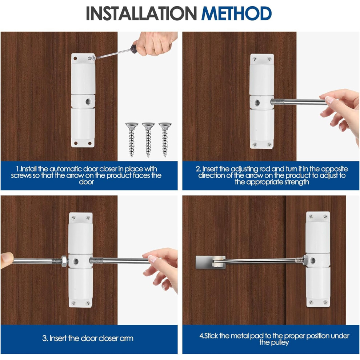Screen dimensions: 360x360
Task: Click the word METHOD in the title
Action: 236,13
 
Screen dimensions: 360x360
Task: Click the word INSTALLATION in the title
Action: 141,13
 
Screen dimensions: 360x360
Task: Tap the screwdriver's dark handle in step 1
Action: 133,49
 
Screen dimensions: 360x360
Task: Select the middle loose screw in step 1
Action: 148,140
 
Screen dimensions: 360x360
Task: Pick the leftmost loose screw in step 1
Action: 132,140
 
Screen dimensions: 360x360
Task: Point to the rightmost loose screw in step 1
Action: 165,140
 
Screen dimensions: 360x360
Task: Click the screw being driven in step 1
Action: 92,57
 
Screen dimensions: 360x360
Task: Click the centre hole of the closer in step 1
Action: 88,101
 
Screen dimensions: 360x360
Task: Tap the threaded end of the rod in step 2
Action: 277,102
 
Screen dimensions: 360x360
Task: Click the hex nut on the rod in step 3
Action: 64,261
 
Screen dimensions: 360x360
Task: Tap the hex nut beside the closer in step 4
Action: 305,260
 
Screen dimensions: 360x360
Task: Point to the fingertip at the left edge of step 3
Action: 7,260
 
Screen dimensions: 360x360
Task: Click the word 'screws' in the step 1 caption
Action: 21,176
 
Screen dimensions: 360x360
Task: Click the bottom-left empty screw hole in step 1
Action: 76,144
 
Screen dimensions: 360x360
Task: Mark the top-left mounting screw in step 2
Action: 255,59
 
